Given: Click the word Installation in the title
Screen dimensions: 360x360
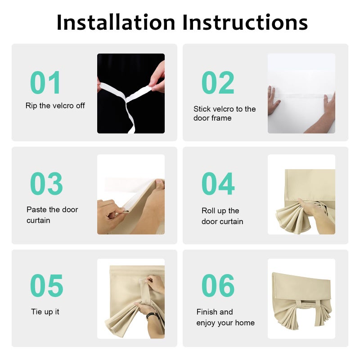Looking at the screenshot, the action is (x=116, y=22).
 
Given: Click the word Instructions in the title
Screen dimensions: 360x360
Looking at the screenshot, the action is (x=245, y=22).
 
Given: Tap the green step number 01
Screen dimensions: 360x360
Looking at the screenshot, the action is (x=45, y=82).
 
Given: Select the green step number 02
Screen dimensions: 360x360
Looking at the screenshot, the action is (x=218, y=82).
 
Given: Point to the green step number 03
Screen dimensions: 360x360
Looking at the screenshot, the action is (x=46, y=184).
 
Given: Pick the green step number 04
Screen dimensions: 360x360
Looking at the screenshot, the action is (x=218, y=184).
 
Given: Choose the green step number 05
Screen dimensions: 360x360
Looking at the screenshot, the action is (x=47, y=285).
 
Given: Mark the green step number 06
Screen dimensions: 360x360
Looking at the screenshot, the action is (x=218, y=285).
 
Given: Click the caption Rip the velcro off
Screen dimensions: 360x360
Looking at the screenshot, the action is (x=55, y=106).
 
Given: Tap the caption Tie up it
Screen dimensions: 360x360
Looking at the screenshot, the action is (x=45, y=312).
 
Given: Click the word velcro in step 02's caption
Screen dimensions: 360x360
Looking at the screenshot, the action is (x=223, y=109).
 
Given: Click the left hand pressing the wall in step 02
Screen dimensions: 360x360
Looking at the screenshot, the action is (x=273, y=100).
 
